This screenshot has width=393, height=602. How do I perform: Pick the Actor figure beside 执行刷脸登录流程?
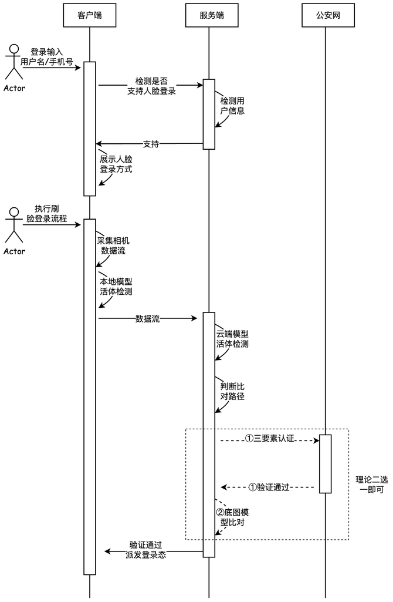click(x=14, y=229)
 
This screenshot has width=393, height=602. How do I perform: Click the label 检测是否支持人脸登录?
click(x=151, y=86)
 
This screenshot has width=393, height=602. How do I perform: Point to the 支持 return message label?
click(x=151, y=143)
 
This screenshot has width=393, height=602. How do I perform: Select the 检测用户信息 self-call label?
click(x=232, y=106)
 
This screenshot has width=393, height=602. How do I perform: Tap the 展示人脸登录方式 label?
click(x=116, y=164)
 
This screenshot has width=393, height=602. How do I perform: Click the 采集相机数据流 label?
click(x=113, y=245)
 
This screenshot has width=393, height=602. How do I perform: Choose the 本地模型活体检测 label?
click(x=116, y=287)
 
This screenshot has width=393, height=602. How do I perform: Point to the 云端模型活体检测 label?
click(x=232, y=339)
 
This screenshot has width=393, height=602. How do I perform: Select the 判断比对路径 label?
click(x=232, y=391)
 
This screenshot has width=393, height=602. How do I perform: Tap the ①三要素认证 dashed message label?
click(x=270, y=439)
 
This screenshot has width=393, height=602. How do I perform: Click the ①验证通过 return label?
click(x=270, y=487)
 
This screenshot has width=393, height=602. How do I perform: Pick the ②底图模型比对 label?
click(x=233, y=516)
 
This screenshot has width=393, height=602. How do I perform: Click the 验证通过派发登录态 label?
click(x=146, y=549)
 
